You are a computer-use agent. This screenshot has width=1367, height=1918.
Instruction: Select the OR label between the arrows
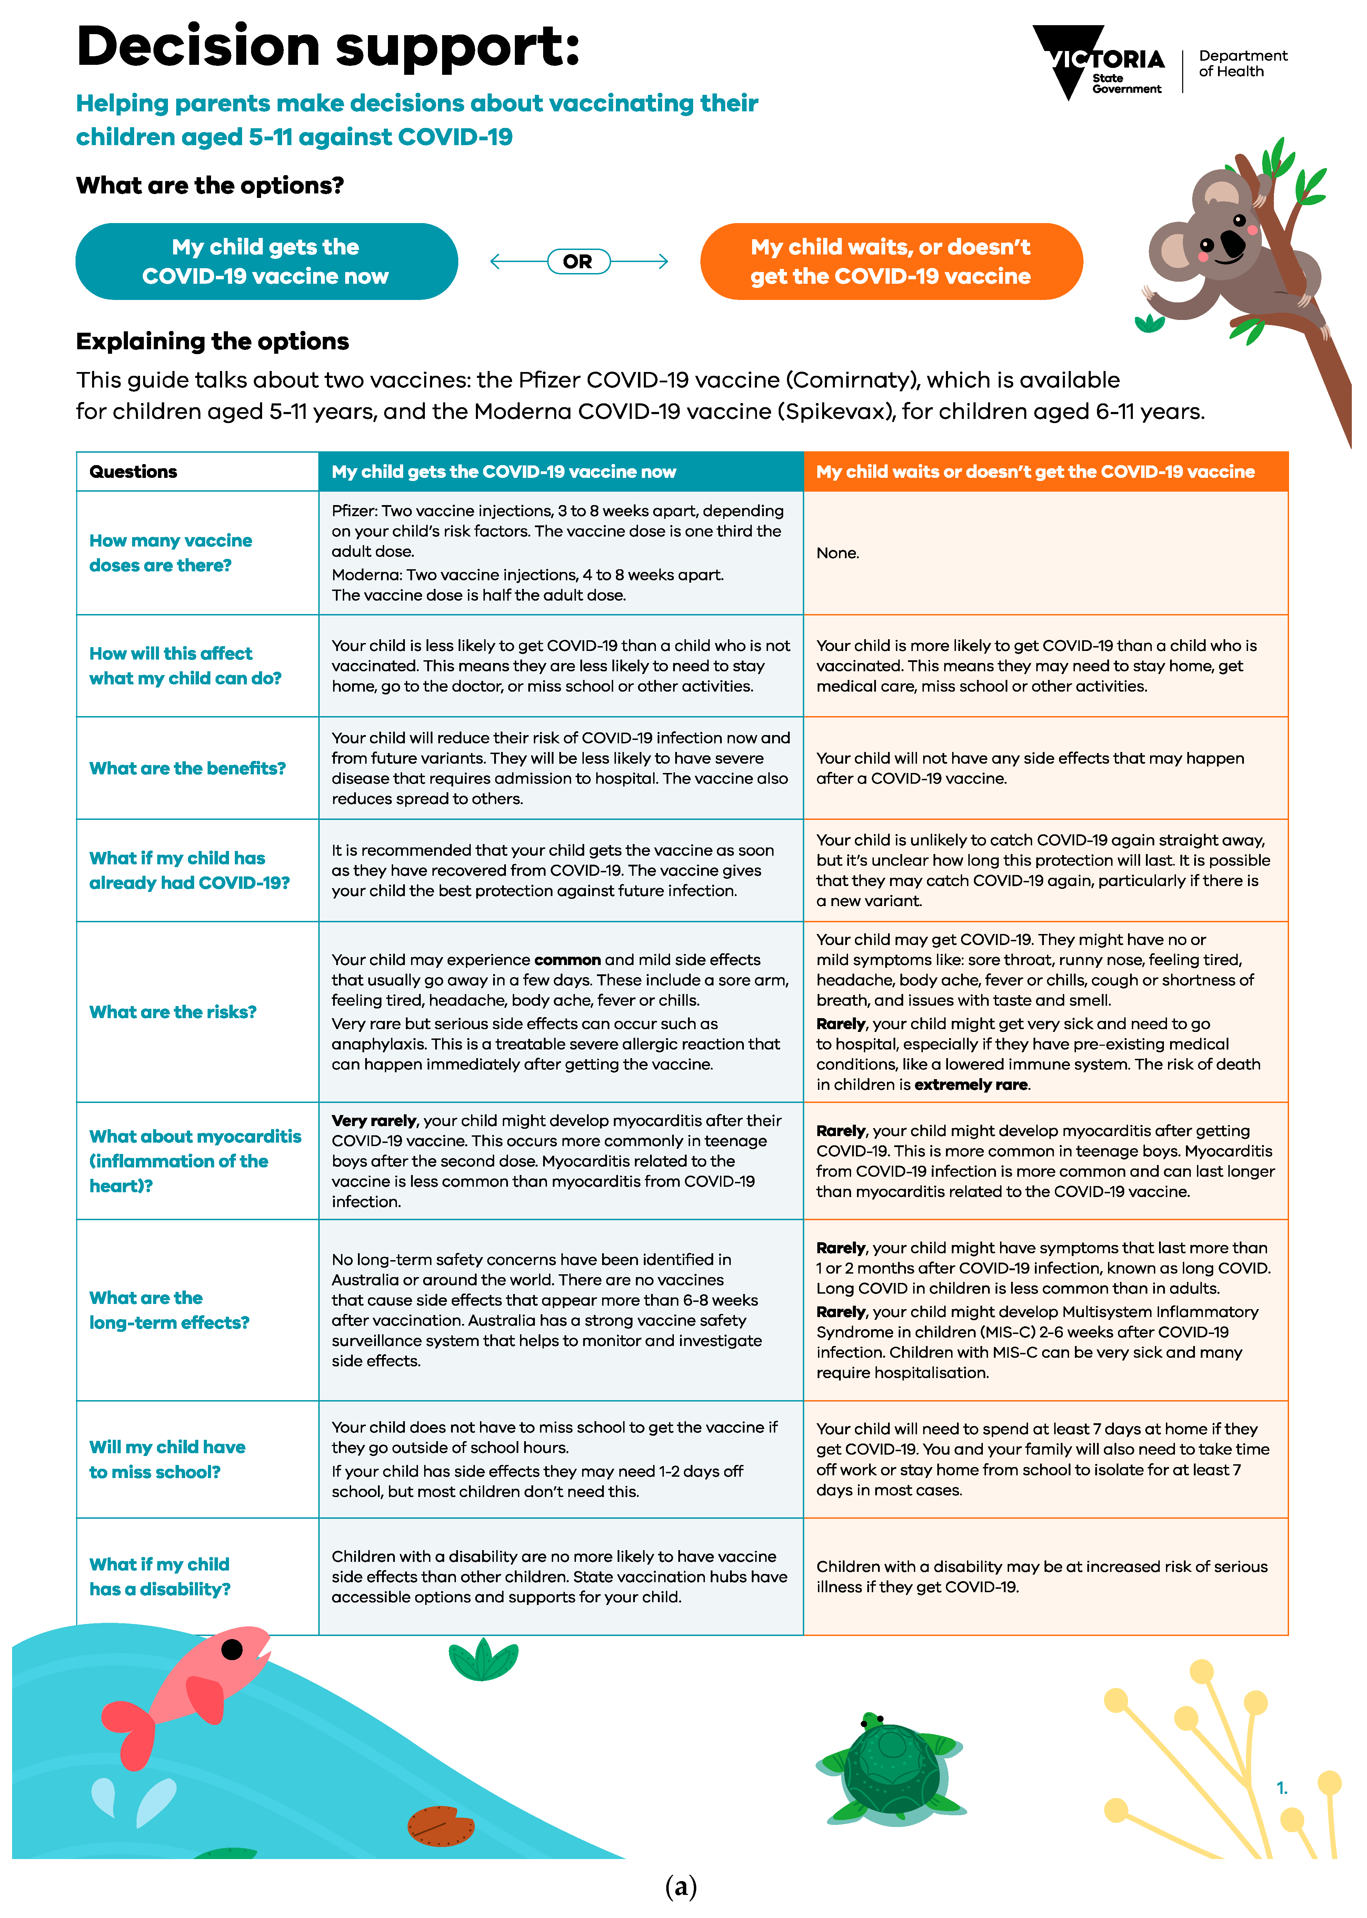tap(578, 262)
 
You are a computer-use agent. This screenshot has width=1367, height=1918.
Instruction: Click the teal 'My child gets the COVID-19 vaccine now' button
tap(266, 262)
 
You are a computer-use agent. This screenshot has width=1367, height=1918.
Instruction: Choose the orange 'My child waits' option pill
tap(890, 262)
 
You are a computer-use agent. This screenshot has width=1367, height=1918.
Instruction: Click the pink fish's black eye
tap(232, 1649)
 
